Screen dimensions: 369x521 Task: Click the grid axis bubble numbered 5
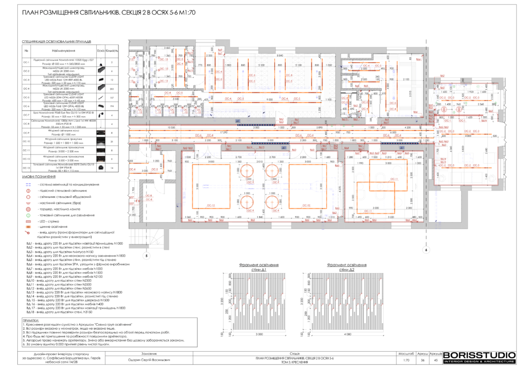coord(146,256)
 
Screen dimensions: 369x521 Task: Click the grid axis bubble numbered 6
coord(425,250)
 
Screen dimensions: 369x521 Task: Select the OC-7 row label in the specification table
coord(26,115)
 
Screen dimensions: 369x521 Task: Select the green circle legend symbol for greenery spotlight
coord(28,215)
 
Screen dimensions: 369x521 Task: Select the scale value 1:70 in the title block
coord(406,360)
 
